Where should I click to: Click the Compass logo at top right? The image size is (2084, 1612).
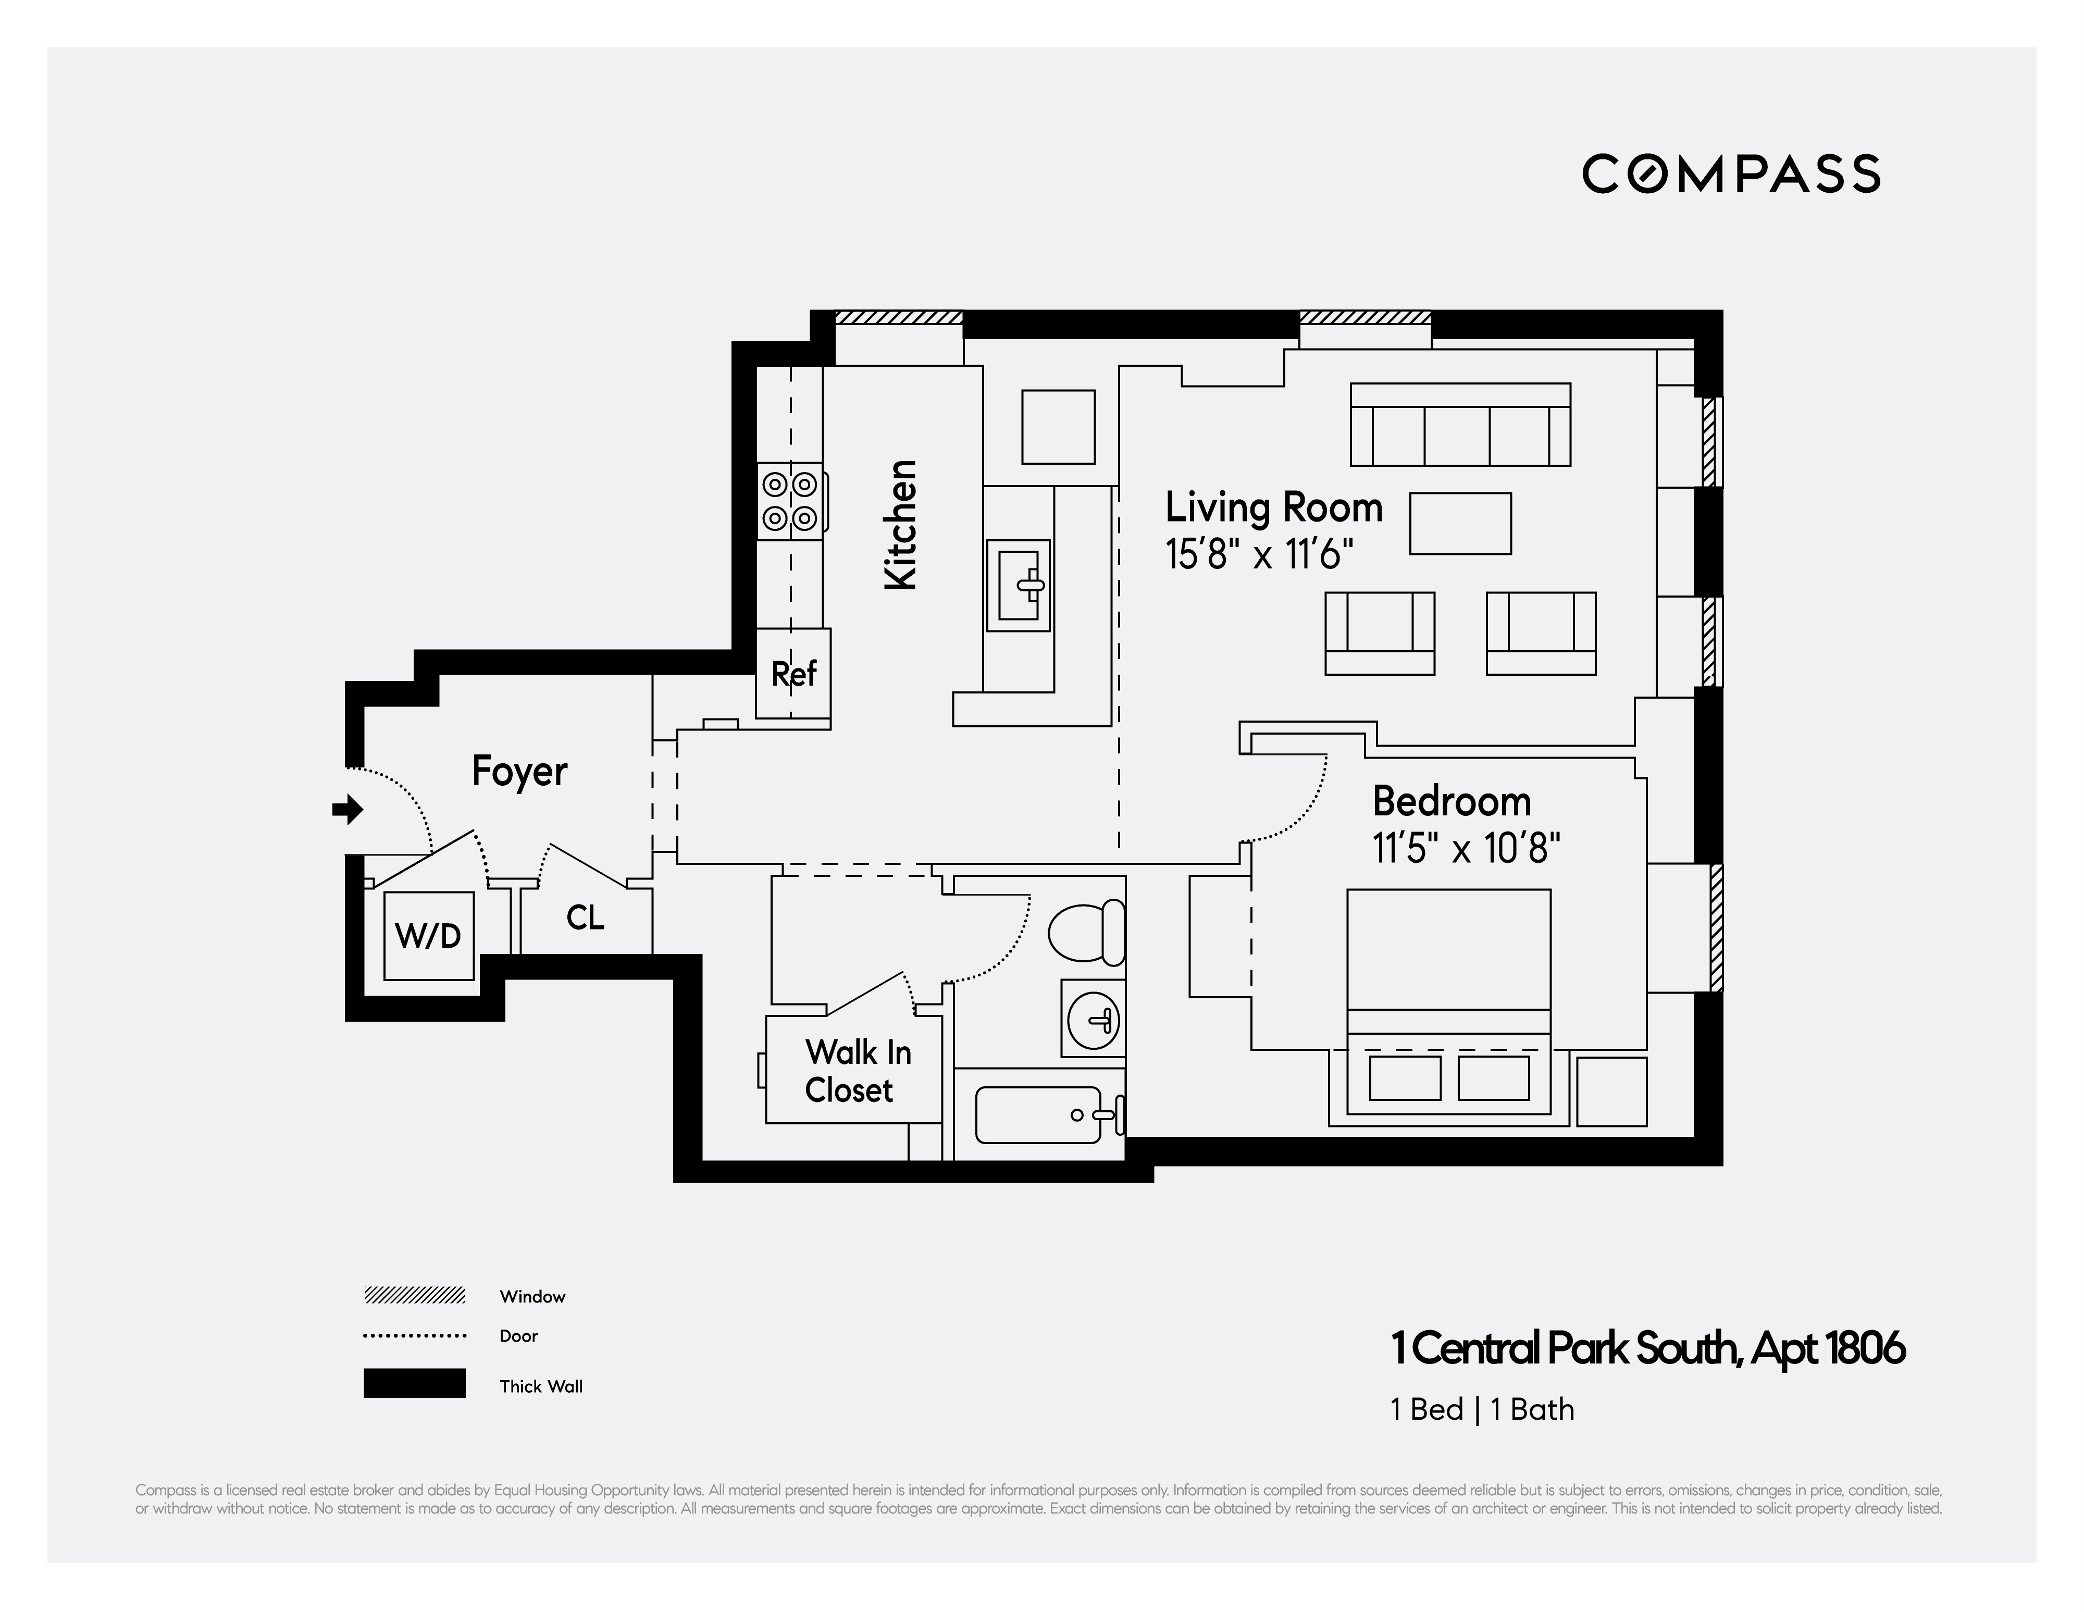(1730, 173)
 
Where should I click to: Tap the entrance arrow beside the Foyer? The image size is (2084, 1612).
(348, 810)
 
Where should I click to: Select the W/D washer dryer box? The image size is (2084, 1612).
(428, 935)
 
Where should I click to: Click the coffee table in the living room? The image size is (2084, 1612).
(1460, 523)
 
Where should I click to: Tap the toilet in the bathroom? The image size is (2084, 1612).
(1087, 933)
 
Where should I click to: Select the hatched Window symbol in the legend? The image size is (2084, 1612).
(414, 1295)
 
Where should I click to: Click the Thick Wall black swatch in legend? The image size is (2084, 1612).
(414, 1383)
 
